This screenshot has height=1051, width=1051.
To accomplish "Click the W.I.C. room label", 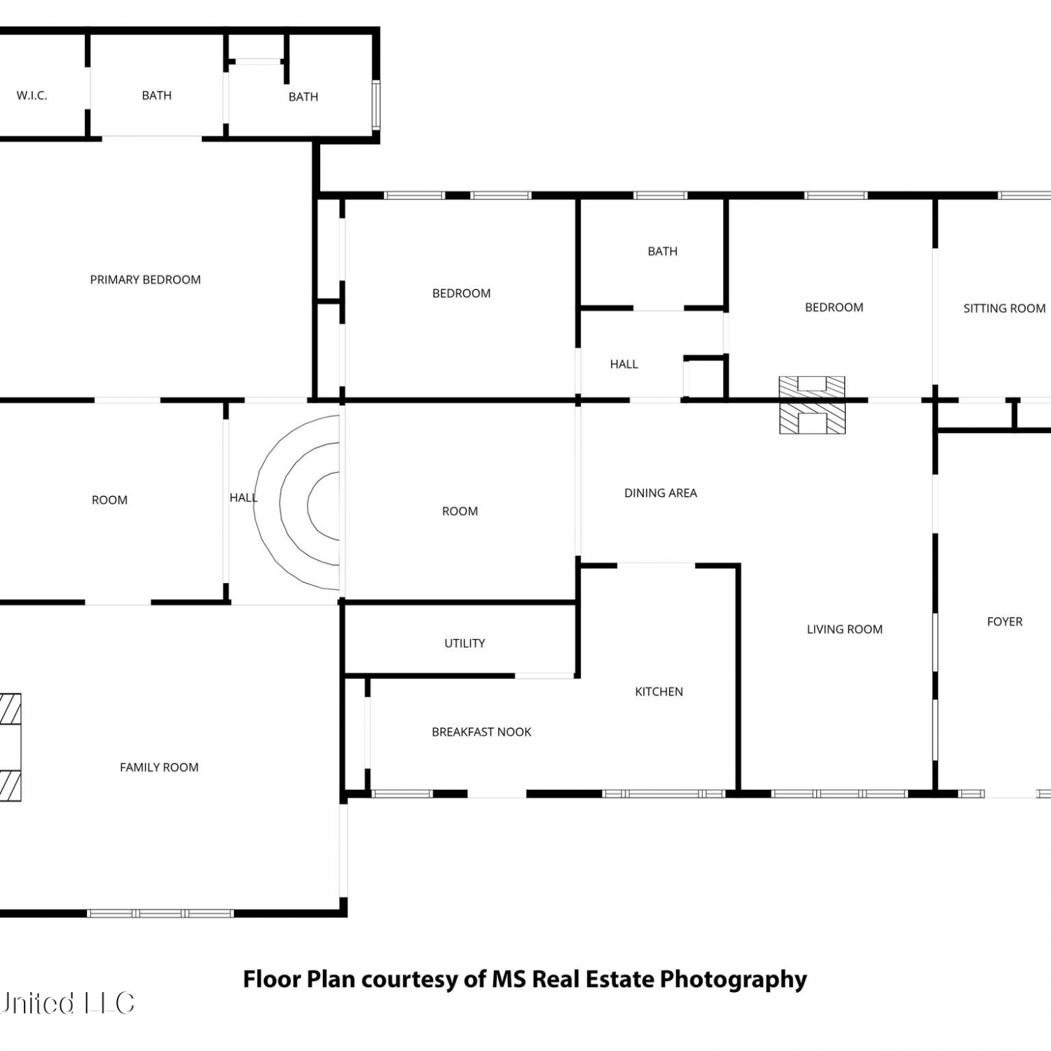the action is coord(32,95).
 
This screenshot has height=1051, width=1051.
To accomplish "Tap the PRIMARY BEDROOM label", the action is coord(145,280).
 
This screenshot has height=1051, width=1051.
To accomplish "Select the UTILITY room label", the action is coord(465,643).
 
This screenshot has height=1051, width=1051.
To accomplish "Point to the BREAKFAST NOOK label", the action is coord(481,732).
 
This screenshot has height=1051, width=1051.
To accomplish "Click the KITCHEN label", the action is coord(659,692).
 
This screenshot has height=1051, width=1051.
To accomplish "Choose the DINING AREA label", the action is coord(661,493).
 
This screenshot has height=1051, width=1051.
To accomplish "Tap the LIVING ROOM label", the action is coord(844,629).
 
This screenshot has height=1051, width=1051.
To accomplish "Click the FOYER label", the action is coord(1005,621).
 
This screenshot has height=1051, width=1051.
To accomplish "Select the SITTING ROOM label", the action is coord(1004,308).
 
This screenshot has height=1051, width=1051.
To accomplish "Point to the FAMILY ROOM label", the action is coord(159,767).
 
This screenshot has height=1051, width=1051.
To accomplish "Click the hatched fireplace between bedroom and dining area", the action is coord(812,405).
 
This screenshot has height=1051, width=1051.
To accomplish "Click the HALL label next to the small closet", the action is coord(624,364).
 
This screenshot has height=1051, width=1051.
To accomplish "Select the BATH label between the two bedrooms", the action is coord(662,252).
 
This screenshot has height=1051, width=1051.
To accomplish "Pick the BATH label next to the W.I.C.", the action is coord(156,95).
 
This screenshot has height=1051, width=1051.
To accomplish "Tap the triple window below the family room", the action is coord(160,913).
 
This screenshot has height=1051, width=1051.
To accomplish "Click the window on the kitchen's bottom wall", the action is coord(664,794).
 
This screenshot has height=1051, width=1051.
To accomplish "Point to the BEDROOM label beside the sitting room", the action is coord(834,308).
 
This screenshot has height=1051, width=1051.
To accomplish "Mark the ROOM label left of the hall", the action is coord(109,500).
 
